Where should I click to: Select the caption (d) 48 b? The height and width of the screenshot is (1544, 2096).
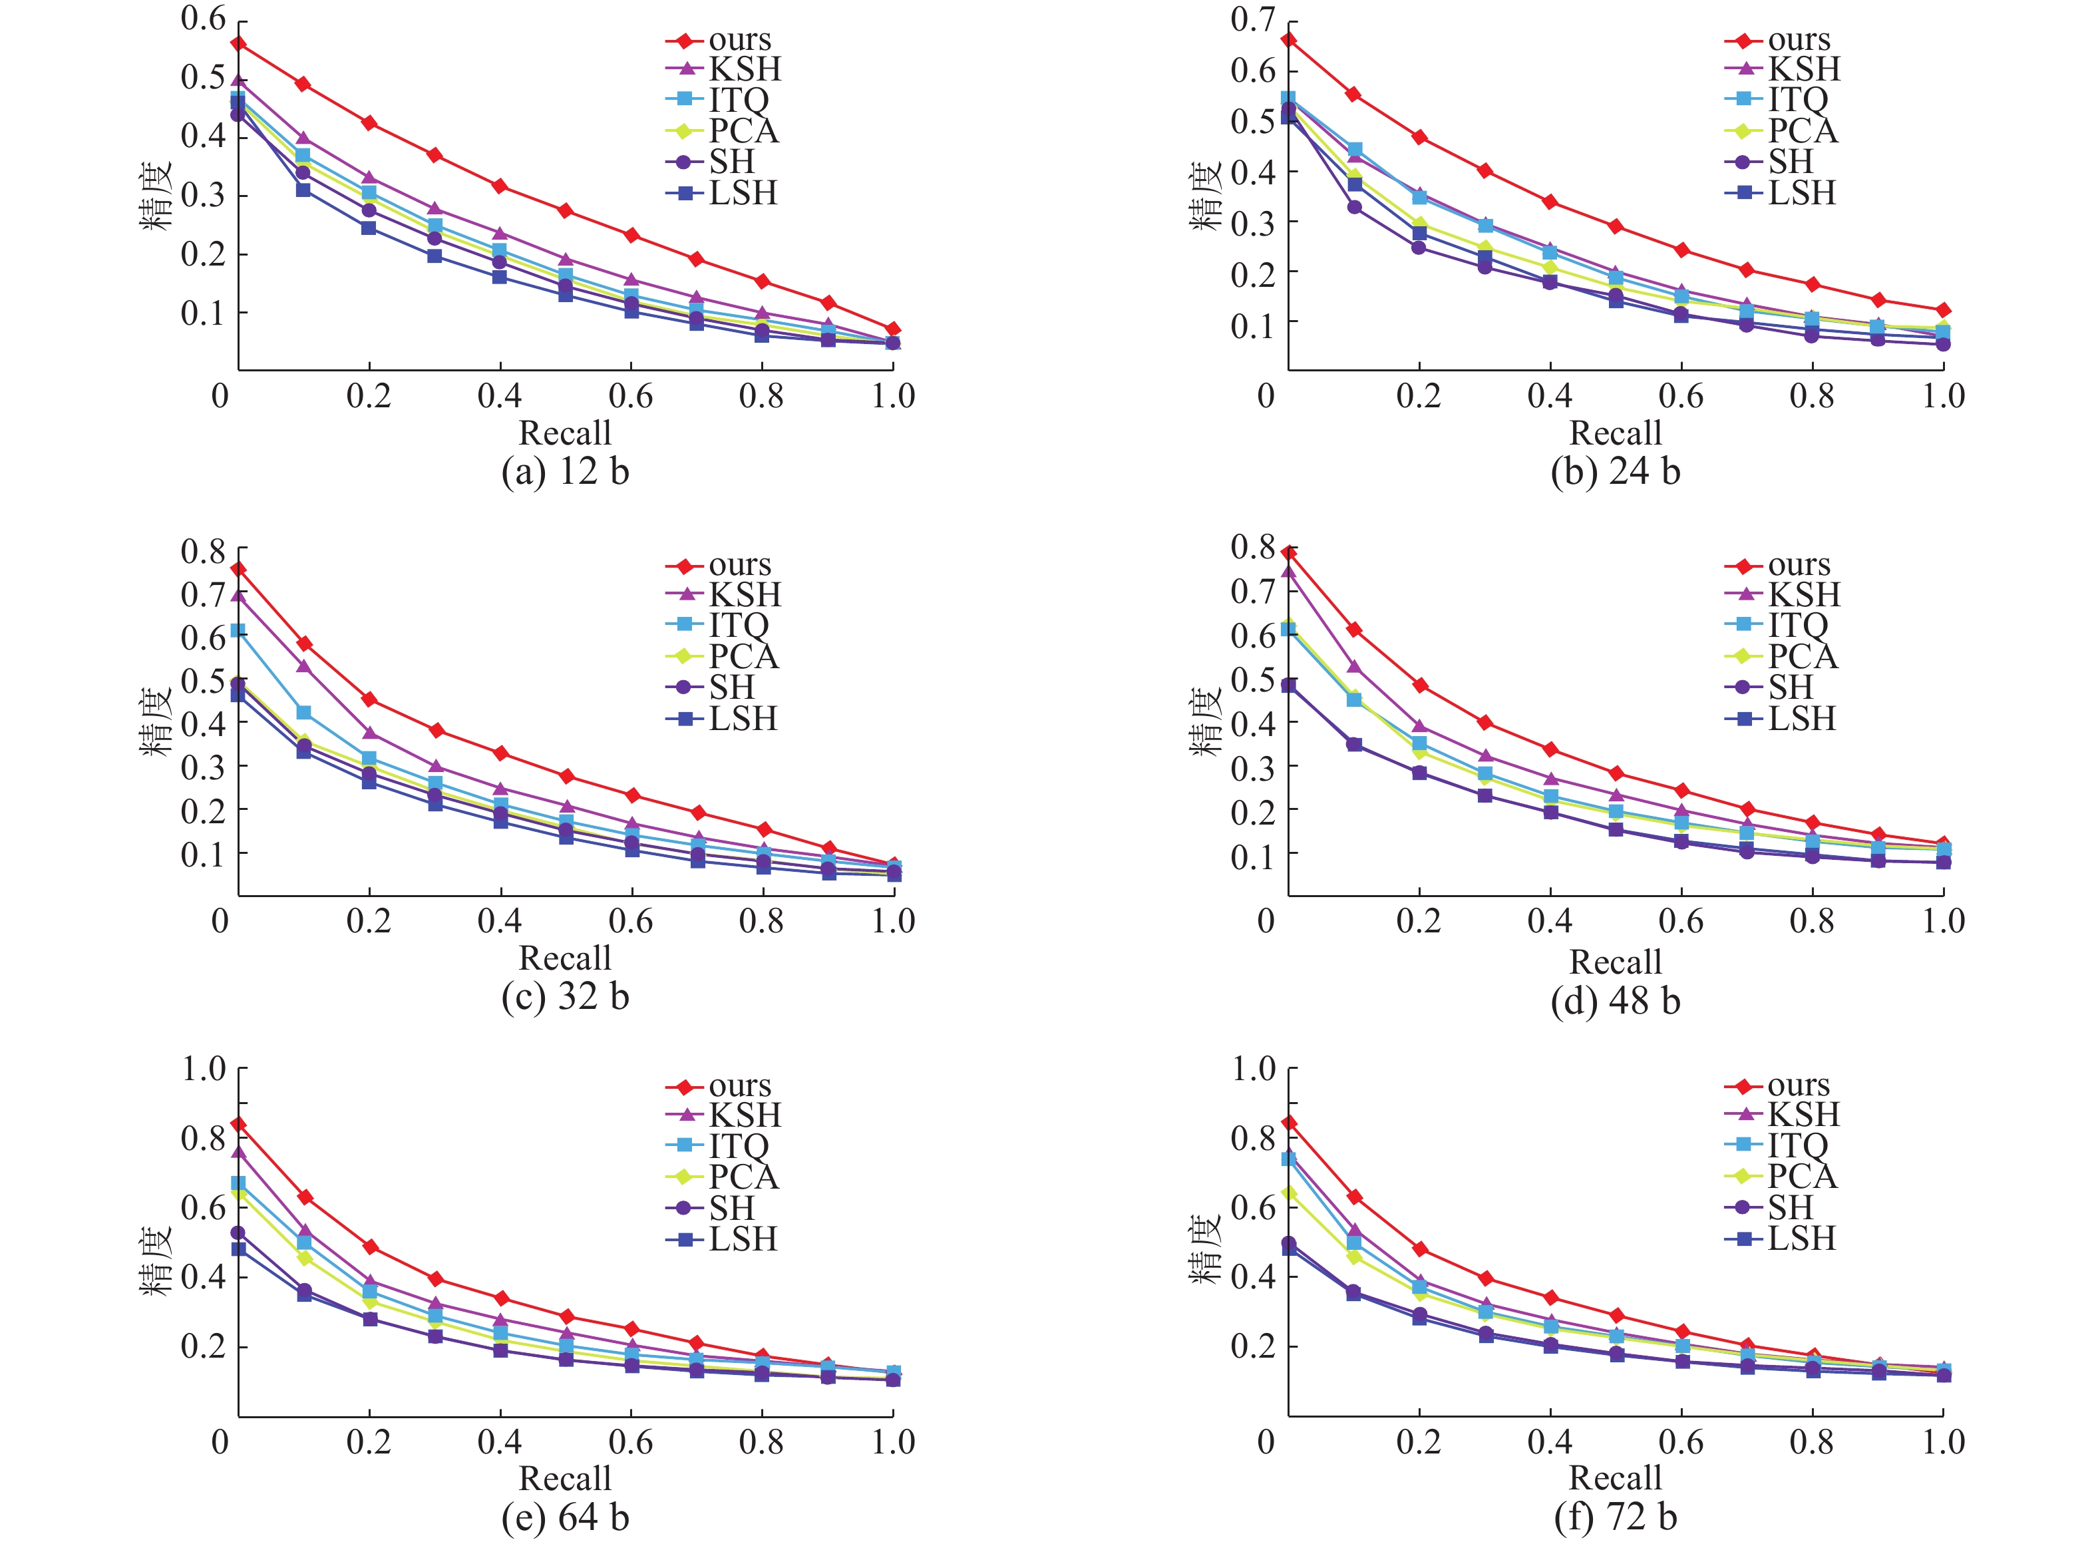[x=1615, y=1001]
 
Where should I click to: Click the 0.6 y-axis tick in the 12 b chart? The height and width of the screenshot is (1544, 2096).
[x=203, y=19]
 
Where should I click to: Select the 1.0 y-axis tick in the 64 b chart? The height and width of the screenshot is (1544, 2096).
[x=203, y=1068]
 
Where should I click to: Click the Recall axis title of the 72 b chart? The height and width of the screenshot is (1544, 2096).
[x=1615, y=1477]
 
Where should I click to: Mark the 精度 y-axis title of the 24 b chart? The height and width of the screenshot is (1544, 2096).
[x=1206, y=194]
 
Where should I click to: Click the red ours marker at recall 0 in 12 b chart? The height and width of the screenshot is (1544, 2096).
[x=238, y=43]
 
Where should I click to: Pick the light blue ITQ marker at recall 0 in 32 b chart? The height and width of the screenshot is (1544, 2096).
[x=238, y=631]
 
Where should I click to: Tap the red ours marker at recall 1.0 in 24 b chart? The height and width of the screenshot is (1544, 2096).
[x=1943, y=309]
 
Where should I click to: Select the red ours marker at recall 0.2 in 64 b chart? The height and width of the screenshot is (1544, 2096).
[x=370, y=1247]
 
